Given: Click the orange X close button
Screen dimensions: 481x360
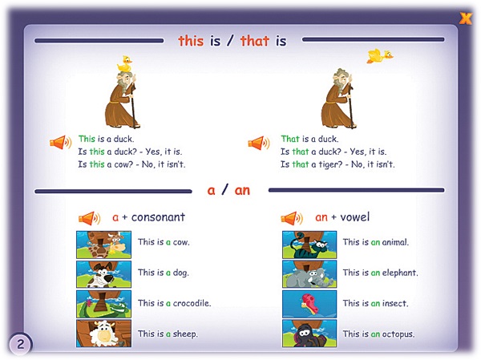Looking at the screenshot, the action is pyautogui.click(x=466, y=18).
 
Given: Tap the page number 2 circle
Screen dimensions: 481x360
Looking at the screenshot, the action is pyautogui.click(x=20, y=344).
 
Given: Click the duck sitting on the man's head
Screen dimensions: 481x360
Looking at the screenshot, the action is pyautogui.click(x=124, y=64).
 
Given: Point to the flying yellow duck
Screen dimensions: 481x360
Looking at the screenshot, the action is pyautogui.click(x=380, y=56).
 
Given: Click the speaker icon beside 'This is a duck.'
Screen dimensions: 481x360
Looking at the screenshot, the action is pyautogui.click(x=61, y=143).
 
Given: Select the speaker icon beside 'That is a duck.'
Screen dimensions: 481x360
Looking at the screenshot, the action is pyautogui.click(x=259, y=143).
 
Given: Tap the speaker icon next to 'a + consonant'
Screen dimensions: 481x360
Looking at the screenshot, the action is pyautogui.click(x=89, y=219).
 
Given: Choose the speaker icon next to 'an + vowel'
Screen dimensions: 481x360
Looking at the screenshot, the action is pyautogui.click(x=292, y=219).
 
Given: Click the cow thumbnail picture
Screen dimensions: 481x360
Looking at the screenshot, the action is pyautogui.click(x=103, y=245).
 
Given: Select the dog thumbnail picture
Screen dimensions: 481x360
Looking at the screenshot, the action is pyautogui.click(x=103, y=274).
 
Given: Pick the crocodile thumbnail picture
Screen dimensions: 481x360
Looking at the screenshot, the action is pyautogui.click(x=103, y=304).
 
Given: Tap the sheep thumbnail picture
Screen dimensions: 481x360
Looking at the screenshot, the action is pyautogui.click(x=103, y=334).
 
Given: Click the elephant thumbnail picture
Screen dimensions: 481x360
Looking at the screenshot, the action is pyautogui.click(x=309, y=274).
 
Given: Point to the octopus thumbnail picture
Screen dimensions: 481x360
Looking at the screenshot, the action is pyautogui.click(x=309, y=334).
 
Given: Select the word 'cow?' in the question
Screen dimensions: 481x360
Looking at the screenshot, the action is pyautogui.click(x=123, y=164).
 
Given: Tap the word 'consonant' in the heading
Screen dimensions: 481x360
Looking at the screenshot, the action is pyautogui.click(x=158, y=217).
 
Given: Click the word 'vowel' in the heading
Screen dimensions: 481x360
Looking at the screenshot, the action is pyautogui.click(x=354, y=217).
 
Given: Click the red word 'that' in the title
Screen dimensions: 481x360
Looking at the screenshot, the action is pyautogui.click(x=255, y=41).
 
